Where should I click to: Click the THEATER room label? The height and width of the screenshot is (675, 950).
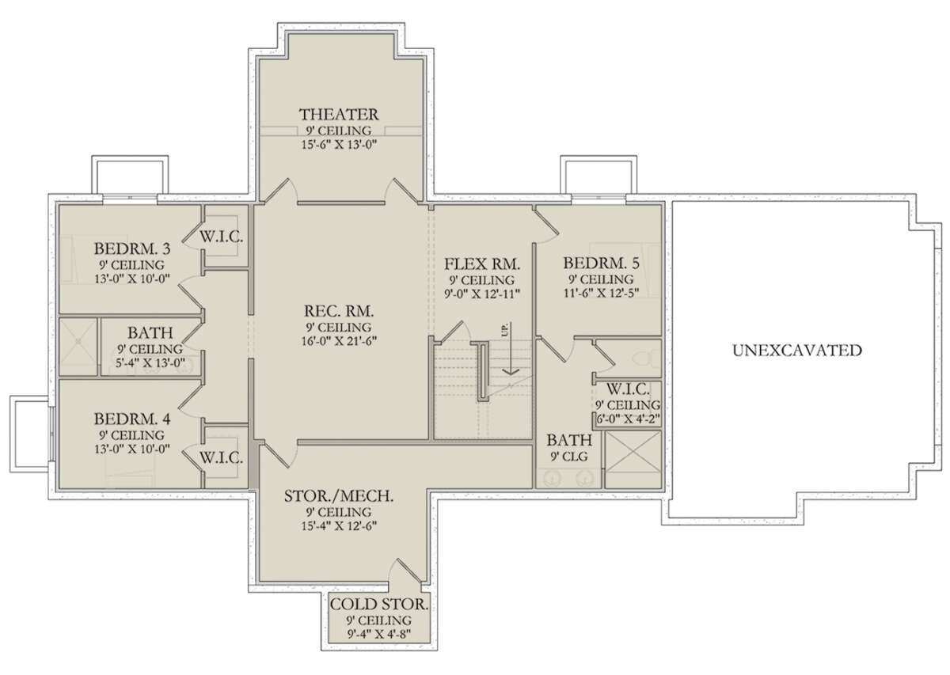(x=339, y=115)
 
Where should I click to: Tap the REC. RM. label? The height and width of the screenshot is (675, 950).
(x=339, y=311)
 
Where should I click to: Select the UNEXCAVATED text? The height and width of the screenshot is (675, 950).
(x=797, y=351)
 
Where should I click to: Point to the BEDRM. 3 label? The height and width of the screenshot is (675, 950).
(x=132, y=248)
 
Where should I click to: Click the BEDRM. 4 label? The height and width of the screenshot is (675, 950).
(x=132, y=419)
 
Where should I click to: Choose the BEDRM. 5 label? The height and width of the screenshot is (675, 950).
(x=601, y=263)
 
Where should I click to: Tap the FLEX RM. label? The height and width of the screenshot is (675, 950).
(x=482, y=264)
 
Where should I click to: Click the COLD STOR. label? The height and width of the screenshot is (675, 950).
(x=379, y=605)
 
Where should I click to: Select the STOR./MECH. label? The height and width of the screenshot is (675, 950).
(x=339, y=496)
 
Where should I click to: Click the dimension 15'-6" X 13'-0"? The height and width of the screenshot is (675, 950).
(x=339, y=145)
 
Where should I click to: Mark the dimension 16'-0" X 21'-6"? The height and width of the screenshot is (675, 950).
(x=339, y=340)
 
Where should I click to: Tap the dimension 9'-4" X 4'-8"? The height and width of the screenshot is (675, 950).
(x=379, y=634)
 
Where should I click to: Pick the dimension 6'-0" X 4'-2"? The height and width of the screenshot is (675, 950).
(x=629, y=419)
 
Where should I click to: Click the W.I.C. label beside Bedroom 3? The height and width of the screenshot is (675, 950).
(x=222, y=237)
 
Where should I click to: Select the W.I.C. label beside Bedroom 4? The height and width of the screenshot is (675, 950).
(x=222, y=458)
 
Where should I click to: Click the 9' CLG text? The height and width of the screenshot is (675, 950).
(x=569, y=457)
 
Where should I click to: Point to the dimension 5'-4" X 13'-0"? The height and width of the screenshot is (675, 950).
(x=150, y=363)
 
